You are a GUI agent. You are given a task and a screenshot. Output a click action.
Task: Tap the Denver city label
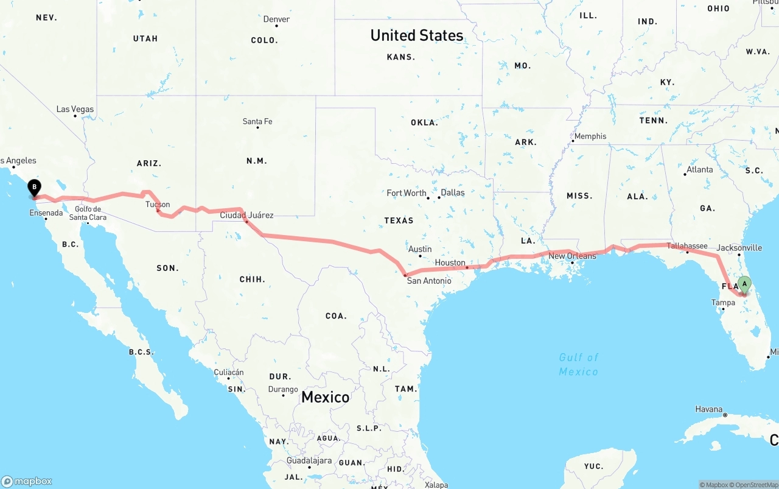pyautogui.click(x=276, y=19)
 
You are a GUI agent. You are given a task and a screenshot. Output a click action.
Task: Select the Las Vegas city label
pyautogui.click(x=75, y=110)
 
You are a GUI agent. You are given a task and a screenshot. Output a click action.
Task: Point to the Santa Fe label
pyautogui.click(x=257, y=122)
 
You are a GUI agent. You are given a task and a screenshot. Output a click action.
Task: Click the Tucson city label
pyautogui.click(x=158, y=205)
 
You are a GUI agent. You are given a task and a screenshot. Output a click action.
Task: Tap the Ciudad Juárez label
pyautogui.click(x=246, y=215)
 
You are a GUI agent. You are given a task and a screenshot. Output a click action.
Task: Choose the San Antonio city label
pyautogui.click(x=429, y=281)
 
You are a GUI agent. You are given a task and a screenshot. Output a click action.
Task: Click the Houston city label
pyautogui.click(x=450, y=262)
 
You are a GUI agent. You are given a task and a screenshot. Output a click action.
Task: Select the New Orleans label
pyautogui.click(x=572, y=256)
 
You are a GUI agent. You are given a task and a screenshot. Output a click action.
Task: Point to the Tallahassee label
pyautogui.click(x=687, y=246)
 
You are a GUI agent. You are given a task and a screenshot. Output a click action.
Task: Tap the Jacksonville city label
pyautogui.click(x=739, y=248)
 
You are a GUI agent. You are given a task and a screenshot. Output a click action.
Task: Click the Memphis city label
pyautogui.click(x=590, y=136)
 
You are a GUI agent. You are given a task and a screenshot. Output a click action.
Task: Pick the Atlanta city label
pyautogui.click(x=699, y=169)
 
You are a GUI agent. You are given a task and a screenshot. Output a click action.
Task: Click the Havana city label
pyautogui.click(x=709, y=409)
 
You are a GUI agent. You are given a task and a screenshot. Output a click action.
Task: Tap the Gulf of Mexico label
pyautogui.click(x=579, y=364)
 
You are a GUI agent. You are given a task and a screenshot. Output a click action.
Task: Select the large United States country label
pyautogui.click(x=417, y=35)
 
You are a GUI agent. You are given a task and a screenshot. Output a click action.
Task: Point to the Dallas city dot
pyautogui.click(x=439, y=197)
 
